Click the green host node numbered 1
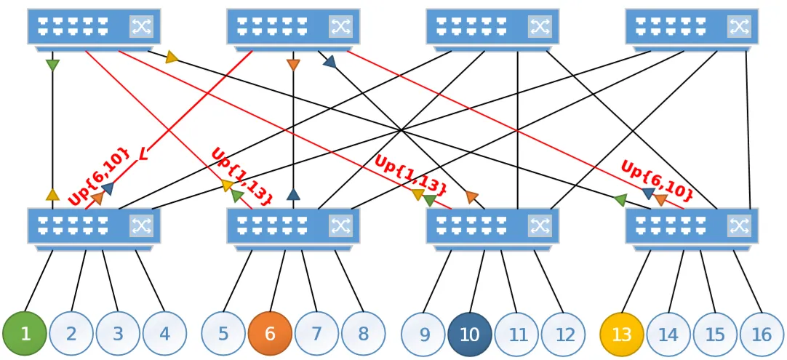coord(25,334)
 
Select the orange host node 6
coord(270,334)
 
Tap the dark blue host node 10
coord(470,334)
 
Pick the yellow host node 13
coord(622,334)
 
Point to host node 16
coord(762,334)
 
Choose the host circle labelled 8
coord(364,334)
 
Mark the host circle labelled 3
coord(118,334)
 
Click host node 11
coord(516,334)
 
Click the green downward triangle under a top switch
coord(52,65)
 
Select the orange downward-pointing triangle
coord(293,65)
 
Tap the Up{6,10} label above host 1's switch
coord(98,176)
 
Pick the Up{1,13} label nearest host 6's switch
coord(242,176)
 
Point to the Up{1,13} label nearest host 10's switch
coord(410,175)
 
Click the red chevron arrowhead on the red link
coord(143,155)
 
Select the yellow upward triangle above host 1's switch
coord(52,195)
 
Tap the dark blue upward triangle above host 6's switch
coord(293,195)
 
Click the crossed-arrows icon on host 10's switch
coord(540,225)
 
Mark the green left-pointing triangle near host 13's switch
coord(620,200)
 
